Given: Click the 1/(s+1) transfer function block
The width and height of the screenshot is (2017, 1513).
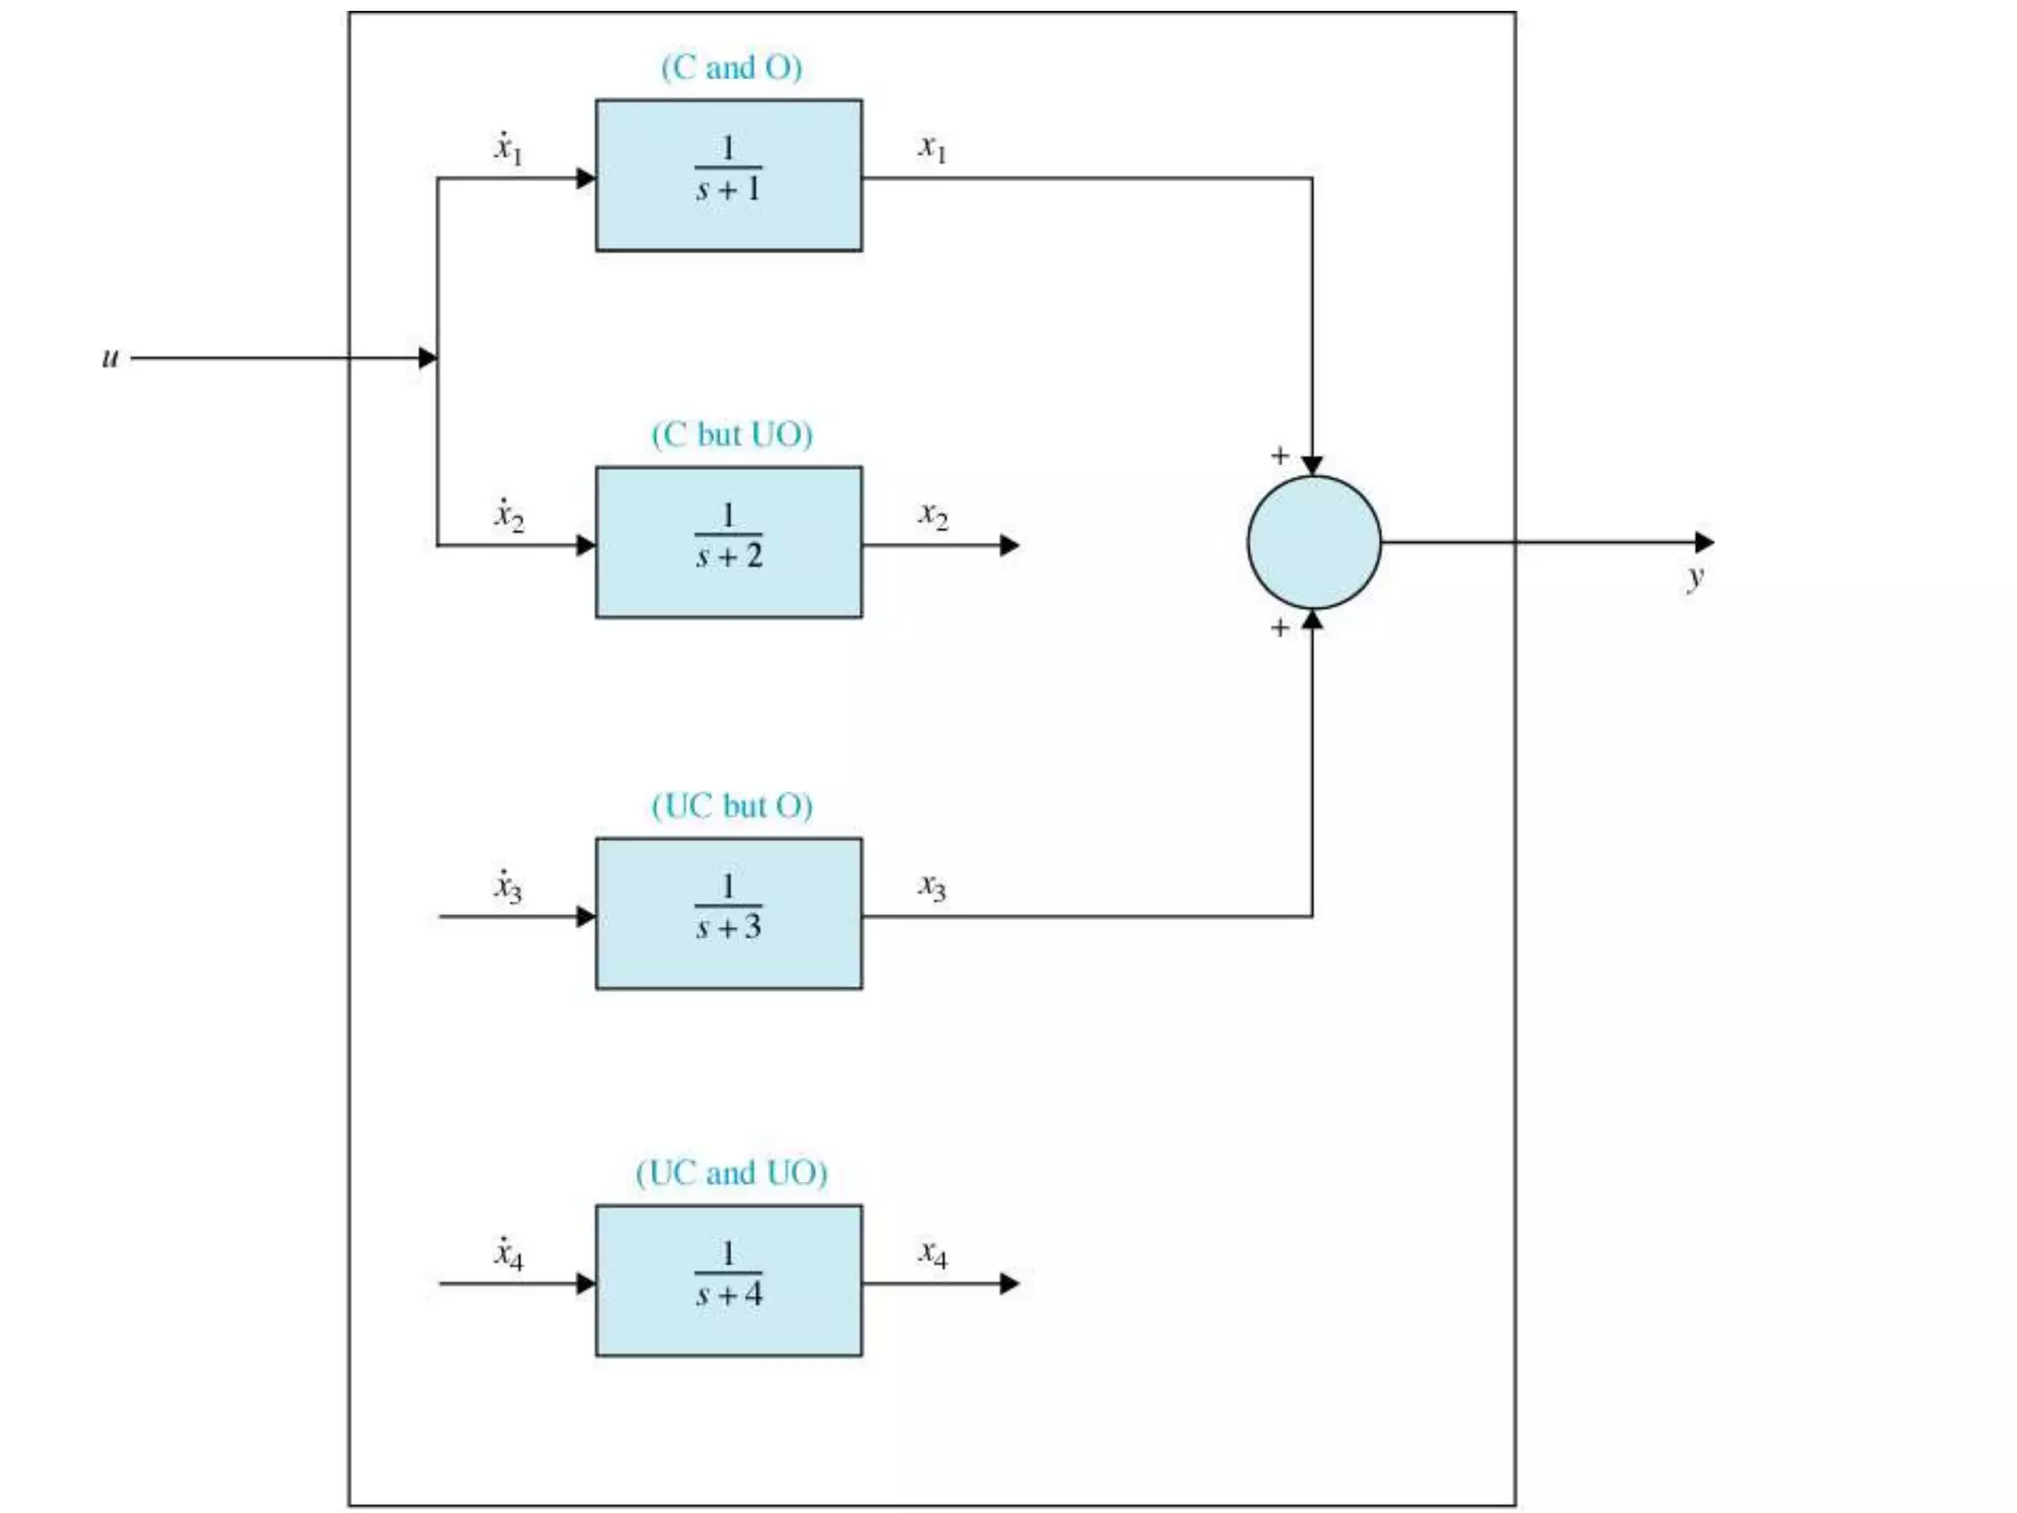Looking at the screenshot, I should point(729,175).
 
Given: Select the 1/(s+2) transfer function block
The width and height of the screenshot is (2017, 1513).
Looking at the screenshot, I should point(729,543).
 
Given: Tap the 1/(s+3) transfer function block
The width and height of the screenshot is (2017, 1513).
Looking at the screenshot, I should point(729,914).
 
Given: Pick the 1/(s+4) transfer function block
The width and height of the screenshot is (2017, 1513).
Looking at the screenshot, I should point(729,1281).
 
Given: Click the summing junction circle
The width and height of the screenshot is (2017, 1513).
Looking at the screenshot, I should point(1314,543).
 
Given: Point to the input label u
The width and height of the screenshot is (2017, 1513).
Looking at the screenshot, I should point(110,358).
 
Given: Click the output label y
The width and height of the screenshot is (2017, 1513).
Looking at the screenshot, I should point(1695,577).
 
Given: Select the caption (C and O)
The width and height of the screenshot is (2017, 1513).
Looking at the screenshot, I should point(732,67).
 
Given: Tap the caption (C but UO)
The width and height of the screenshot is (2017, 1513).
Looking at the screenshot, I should point(732,434).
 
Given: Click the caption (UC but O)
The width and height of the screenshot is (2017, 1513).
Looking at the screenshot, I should point(732,806).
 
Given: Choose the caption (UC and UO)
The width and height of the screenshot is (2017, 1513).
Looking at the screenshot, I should point(732,1173).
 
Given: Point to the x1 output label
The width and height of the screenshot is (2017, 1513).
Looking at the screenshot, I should point(933,148).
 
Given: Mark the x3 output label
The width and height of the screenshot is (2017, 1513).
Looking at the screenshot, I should point(933,887).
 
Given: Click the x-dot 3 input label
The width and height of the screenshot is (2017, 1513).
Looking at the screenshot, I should point(508,887).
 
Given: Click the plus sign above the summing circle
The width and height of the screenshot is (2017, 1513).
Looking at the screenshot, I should point(1279,455).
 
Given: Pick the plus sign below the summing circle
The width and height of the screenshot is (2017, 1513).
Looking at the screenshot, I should point(1279,627).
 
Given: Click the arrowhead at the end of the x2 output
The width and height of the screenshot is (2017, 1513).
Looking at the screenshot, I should point(1009,545).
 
